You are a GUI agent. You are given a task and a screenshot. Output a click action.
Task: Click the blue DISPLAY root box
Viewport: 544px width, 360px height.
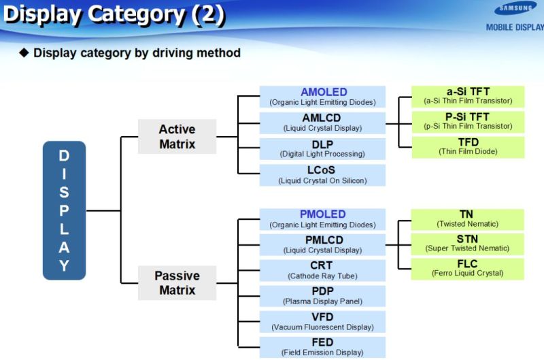[64, 210]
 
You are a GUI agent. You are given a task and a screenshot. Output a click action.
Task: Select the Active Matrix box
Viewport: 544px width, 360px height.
[177, 136]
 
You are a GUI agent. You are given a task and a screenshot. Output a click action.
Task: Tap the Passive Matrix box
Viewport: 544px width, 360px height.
[177, 283]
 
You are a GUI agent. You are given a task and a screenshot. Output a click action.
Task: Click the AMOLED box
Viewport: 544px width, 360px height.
[322, 97]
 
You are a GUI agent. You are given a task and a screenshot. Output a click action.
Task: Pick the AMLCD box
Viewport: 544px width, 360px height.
[322, 122]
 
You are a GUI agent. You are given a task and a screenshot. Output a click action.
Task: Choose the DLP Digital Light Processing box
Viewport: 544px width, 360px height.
[322, 148]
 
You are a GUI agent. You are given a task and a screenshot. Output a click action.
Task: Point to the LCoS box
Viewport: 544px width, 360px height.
[322, 175]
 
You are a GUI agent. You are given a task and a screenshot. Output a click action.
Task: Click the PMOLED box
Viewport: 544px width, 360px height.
[322, 219]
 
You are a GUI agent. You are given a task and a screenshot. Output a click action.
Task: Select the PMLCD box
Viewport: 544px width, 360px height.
[322, 244]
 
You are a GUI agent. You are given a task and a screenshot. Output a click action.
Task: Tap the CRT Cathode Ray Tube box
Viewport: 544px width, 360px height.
[322, 270]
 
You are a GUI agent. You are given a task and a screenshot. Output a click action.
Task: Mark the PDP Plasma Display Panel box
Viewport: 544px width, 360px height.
[322, 296]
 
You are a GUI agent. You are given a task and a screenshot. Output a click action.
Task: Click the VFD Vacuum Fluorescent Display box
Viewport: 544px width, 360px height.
[322, 321]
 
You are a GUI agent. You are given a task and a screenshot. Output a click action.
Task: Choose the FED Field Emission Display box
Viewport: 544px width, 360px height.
[322, 347]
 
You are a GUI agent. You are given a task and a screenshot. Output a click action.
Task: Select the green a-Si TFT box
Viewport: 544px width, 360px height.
[468, 96]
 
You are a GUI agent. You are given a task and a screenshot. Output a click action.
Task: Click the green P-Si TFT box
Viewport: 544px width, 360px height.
[468, 121]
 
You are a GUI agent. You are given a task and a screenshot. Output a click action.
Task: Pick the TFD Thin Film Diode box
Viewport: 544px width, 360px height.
[468, 146]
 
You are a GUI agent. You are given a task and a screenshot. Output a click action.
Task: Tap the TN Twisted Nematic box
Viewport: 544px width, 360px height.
[468, 218]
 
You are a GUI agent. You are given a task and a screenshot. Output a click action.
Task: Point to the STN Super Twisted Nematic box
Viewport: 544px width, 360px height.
[468, 243]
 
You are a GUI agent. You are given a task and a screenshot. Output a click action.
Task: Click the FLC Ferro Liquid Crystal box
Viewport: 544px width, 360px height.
[468, 268]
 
